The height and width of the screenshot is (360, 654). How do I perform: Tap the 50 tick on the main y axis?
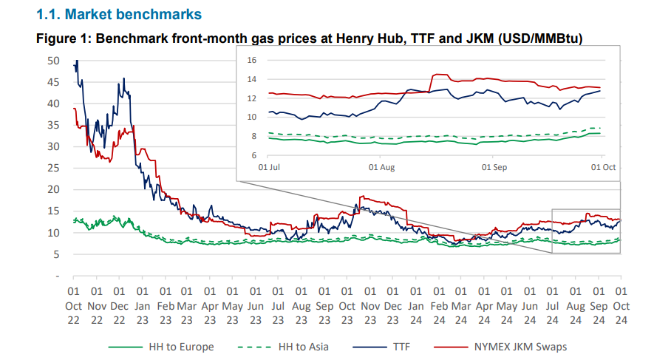tap(52, 61)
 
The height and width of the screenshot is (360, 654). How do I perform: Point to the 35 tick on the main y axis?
tap(52, 125)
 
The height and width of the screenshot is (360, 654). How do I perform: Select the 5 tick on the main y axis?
tap(55, 254)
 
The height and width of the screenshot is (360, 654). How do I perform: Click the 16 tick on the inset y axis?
tap(251, 60)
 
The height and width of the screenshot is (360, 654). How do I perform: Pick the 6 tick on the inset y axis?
tap(253, 155)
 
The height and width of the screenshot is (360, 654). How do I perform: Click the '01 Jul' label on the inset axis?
tap(269, 168)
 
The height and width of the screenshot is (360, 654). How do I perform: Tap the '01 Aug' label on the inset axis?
tap(381, 168)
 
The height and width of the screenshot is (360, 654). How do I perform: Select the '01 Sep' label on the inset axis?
tap(493, 168)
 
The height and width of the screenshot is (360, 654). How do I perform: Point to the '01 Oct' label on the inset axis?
tap(602, 168)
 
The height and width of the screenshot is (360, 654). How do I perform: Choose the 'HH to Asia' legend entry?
tap(303, 346)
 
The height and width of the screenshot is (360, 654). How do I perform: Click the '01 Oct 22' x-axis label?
tap(74, 305)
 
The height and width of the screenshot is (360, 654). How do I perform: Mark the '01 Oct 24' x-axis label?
tap(621, 305)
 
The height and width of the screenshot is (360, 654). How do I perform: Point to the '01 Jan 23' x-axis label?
tap(142, 305)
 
